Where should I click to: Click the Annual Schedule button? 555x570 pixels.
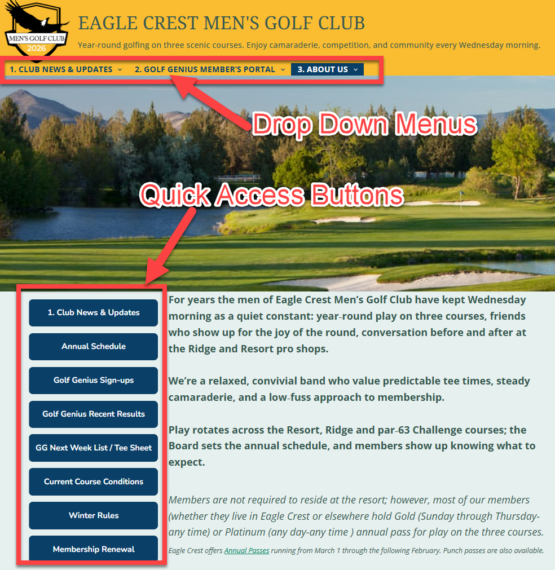tap(94, 346)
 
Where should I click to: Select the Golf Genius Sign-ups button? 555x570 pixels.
tap(94, 380)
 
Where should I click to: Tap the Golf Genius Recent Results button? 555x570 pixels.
tap(94, 414)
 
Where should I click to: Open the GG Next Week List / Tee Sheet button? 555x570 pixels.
tap(94, 448)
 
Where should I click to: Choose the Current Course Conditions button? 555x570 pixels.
tap(94, 481)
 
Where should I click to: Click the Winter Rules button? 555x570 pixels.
tap(94, 515)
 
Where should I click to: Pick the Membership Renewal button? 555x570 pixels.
tap(94, 549)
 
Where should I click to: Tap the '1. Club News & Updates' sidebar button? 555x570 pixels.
tap(94, 312)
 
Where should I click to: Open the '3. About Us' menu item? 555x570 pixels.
tap(323, 69)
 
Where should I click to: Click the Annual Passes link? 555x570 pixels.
tap(246, 550)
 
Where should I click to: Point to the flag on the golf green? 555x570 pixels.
tap(461, 195)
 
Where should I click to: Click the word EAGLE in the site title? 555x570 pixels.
tap(107, 23)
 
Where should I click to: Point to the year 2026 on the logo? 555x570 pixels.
tap(36, 48)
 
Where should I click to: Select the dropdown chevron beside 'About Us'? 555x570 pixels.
tap(356, 69)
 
